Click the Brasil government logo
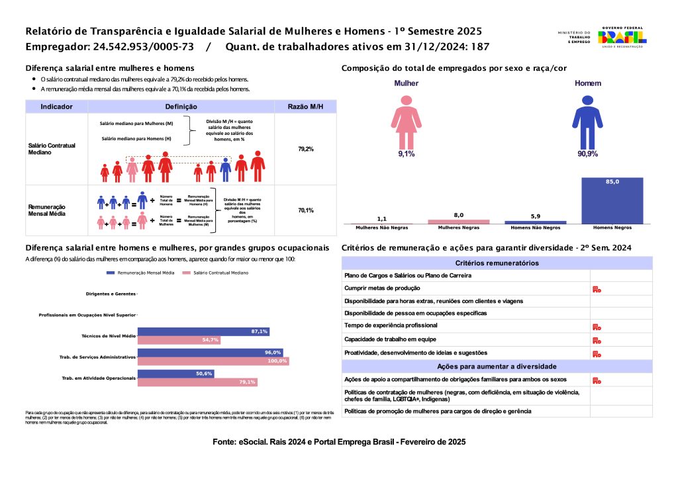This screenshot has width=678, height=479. point(622,36)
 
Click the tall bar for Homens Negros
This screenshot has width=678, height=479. point(612,200)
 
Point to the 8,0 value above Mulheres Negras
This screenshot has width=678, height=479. point(458,215)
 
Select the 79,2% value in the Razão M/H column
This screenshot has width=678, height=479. point(305,150)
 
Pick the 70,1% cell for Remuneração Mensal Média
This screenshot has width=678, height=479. point(305,210)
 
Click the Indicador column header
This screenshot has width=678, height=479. point(56,107)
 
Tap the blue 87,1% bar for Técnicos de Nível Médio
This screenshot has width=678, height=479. point(203,331)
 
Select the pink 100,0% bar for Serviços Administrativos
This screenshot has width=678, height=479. point(213,361)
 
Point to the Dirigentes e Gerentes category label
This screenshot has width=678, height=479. point(111,294)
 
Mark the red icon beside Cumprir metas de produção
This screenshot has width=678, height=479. point(596,289)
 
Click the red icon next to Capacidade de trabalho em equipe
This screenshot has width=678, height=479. point(596,340)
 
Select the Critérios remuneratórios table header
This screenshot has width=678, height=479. point(497,263)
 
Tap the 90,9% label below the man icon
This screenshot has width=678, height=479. point(587,154)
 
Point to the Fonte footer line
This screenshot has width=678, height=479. point(339,441)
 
